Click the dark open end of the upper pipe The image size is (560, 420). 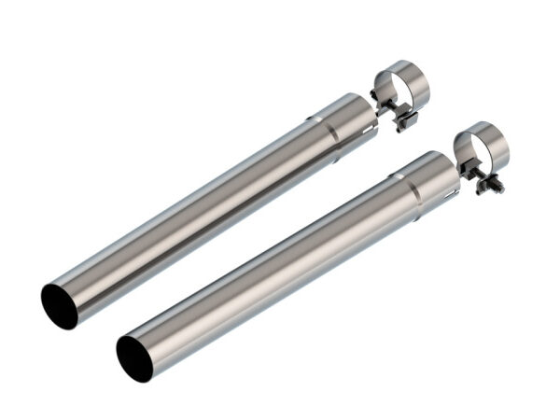(x=59, y=305)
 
